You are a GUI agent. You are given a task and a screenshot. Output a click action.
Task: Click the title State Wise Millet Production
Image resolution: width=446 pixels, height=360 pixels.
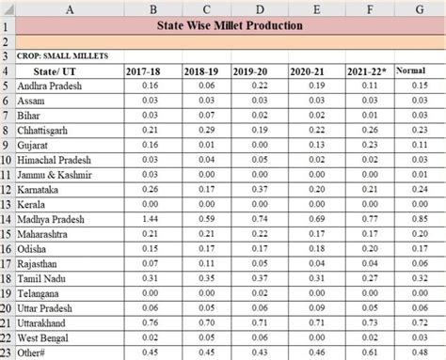(x=230, y=25)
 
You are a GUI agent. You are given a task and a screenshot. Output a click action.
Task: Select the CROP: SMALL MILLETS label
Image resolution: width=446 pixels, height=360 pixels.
(x=62, y=56)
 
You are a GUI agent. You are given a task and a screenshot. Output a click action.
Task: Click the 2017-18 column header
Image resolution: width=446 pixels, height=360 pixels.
(x=143, y=71)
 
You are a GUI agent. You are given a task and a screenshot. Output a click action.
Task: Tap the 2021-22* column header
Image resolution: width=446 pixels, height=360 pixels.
(x=367, y=71)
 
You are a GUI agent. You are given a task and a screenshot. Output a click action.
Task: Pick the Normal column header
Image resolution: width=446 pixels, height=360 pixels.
(x=411, y=70)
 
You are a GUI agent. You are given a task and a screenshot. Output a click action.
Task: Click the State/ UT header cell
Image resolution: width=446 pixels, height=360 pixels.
(x=55, y=71)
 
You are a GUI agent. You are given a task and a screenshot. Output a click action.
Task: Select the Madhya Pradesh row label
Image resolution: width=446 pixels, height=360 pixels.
(x=51, y=219)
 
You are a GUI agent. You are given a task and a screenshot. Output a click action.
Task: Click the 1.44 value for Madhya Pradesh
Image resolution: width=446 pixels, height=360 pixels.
(x=150, y=219)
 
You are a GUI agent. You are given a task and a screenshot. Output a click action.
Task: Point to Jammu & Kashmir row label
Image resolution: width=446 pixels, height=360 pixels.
(x=55, y=175)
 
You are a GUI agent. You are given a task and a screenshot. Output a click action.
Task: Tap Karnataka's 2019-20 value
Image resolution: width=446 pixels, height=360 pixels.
(x=260, y=189)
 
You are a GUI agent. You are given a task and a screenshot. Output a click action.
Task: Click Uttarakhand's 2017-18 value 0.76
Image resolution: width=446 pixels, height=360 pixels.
(x=150, y=322)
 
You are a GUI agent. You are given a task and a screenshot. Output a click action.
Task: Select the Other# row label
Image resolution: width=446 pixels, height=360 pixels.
(x=31, y=352)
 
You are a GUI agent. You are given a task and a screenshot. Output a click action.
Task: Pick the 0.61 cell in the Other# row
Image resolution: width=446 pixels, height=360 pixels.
(x=370, y=352)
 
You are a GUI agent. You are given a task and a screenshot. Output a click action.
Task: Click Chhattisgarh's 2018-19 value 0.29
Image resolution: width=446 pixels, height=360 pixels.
(x=207, y=130)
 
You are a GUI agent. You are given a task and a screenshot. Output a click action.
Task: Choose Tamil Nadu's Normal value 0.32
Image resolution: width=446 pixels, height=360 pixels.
(x=420, y=278)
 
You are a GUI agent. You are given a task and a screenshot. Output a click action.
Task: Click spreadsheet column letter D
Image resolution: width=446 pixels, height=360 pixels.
(x=260, y=9)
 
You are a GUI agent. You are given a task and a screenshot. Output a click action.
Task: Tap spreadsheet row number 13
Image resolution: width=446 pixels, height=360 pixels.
(x=6, y=205)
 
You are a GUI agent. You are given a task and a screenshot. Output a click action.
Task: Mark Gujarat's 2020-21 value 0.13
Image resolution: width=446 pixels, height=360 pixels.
(x=317, y=145)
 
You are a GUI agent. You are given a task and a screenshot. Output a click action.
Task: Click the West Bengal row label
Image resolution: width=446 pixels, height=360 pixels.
(x=42, y=338)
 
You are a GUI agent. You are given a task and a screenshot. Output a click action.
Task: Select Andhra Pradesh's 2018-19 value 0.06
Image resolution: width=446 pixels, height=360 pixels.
(x=207, y=86)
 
